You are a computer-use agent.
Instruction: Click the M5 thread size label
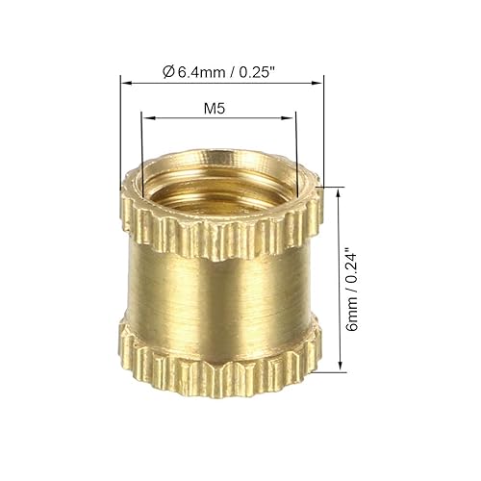pos(219,109)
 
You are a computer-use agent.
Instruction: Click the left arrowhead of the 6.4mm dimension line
pos(124,83)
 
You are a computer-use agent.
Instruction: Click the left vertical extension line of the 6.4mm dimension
pos(120,125)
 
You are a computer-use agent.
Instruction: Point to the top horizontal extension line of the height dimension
pos(332,186)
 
